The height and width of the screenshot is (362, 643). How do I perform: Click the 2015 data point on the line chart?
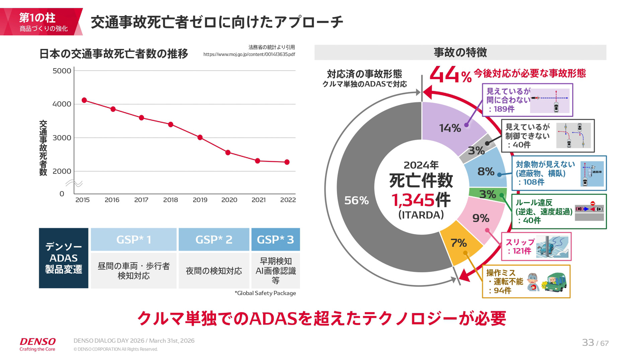(x=84, y=100)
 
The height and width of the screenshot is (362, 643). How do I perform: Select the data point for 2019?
(x=200, y=137)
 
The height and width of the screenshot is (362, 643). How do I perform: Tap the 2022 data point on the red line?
(x=287, y=162)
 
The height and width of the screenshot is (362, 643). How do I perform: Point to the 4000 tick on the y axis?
(x=62, y=104)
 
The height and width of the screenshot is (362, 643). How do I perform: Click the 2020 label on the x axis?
(x=229, y=200)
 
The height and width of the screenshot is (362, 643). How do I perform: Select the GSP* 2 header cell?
(x=214, y=240)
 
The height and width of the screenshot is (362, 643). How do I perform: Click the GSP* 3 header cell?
(x=275, y=240)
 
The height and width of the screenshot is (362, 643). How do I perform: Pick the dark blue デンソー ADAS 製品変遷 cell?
(x=64, y=258)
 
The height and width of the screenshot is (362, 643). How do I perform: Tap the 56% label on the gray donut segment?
(x=356, y=200)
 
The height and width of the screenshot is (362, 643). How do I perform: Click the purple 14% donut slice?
(x=450, y=128)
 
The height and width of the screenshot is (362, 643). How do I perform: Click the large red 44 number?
(x=444, y=74)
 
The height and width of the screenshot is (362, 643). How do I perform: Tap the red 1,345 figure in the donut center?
(x=413, y=200)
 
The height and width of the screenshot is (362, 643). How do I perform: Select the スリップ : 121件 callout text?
(x=519, y=246)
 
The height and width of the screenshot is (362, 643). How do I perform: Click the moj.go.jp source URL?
(x=249, y=54)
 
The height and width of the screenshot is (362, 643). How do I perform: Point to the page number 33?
(x=588, y=343)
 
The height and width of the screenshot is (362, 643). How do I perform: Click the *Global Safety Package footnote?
(x=265, y=293)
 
